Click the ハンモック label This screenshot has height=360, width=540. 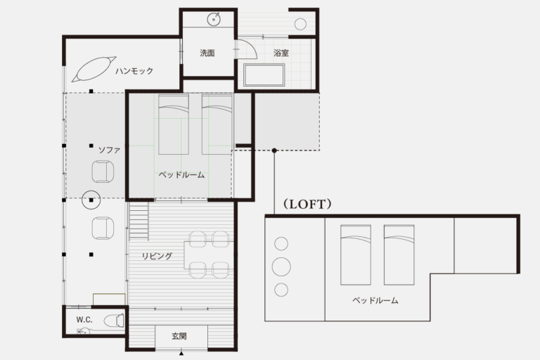click(x=134, y=71)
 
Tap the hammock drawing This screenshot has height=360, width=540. click(x=94, y=69)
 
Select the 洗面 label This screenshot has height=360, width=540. click(x=207, y=53)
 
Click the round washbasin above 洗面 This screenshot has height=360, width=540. click(x=214, y=19)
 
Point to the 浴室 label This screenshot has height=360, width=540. click(x=281, y=53)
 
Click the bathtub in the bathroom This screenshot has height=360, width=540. click(x=264, y=75)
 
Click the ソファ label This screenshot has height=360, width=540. click(x=109, y=150)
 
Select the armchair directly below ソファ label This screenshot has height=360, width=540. click(x=103, y=172)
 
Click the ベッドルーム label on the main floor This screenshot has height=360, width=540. click(x=181, y=175)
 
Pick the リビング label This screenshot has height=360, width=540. click(x=157, y=256)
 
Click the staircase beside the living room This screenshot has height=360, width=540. click(x=139, y=221)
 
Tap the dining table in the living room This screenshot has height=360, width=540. click(x=207, y=255)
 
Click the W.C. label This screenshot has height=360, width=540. click(x=84, y=320)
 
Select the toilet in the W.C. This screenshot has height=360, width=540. click(x=114, y=321)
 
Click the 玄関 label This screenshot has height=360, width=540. click(x=179, y=336)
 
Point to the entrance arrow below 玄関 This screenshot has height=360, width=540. click(x=181, y=353)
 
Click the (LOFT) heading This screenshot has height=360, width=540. click(x=307, y=204)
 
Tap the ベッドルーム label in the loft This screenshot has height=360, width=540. click(x=375, y=300)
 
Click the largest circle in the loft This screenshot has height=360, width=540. click(x=281, y=266)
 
